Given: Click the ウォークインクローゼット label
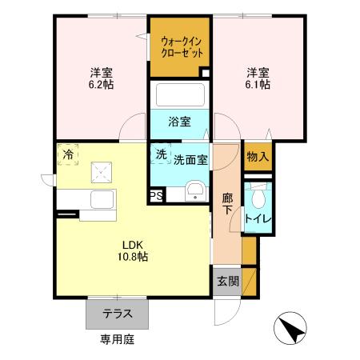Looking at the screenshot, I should click(x=180, y=46).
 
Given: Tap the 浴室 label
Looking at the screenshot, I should click(x=179, y=122).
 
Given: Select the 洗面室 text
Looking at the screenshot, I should click(x=191, y=159).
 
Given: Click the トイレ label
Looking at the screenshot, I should click(x=257, y=217).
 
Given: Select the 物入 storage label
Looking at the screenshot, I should click(x=258, y=156).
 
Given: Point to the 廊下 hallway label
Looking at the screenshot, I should click(x=227, y=204).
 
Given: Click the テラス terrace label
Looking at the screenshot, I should click(x=117, y=314).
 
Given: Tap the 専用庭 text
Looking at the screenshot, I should click(x=117, y=339).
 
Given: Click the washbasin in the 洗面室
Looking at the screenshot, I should click(x=194, y=190).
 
